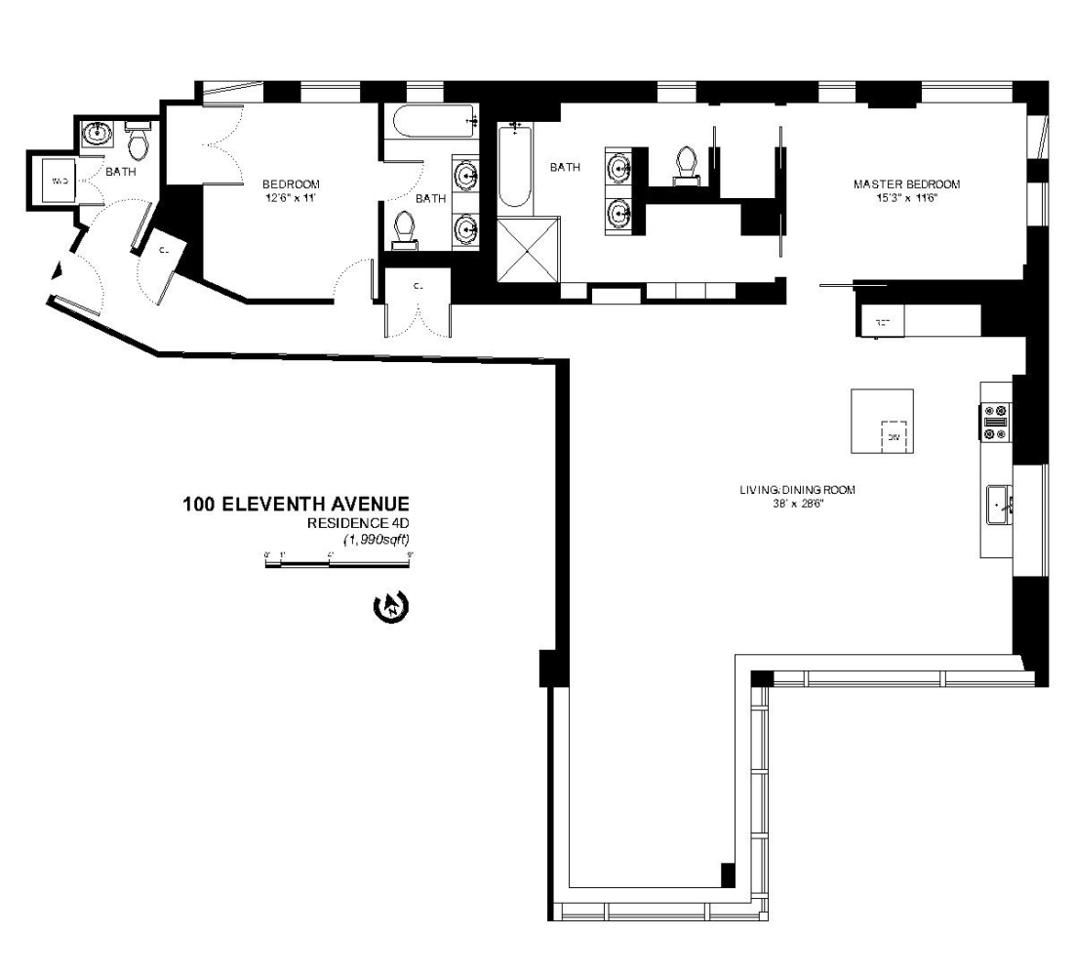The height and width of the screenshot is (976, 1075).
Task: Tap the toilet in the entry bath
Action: point(138,143)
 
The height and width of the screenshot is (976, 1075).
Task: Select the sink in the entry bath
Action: point(97,135)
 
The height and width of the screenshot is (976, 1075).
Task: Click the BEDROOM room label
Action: point(291,183)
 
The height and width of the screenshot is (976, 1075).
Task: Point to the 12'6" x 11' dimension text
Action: point(291,198)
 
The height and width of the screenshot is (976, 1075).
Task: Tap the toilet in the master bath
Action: point(687,163)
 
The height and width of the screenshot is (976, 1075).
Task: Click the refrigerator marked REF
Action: point(884,319)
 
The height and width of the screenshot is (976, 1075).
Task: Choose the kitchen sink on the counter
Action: point(1001,506)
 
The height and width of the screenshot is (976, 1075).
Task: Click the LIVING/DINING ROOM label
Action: point(796,490)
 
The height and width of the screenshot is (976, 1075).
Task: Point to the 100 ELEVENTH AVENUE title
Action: point(295,505)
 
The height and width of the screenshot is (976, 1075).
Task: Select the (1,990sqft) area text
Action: point(376,539)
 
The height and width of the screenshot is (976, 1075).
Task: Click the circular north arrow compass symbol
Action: point(391,607)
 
